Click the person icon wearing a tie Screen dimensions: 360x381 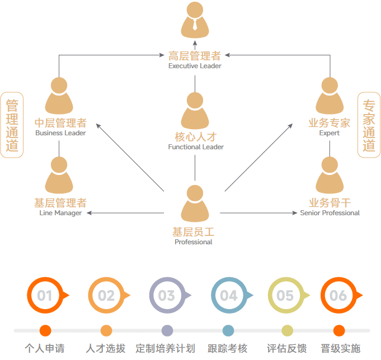point(195,20)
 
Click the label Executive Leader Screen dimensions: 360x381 point(195,66)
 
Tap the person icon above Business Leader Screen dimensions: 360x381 point(59,96)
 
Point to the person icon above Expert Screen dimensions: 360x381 point(330,96)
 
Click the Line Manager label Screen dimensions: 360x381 point(60,213)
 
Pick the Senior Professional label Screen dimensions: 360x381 point(330,213)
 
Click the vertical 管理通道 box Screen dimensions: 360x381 point(12,125)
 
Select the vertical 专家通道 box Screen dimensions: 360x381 point(369,125)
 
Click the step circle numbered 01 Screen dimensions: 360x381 point(45,295)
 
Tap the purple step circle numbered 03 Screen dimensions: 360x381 point(166,295)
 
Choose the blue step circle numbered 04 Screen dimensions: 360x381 point(228,295)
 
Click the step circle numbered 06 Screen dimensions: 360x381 point(338,295)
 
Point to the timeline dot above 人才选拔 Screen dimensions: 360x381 point(106,330)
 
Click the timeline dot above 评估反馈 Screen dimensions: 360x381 point(287,330)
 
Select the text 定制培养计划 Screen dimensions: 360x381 point(166,348)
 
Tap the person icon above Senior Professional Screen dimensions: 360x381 point(330,175)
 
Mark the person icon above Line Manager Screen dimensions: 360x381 point(59,175)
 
